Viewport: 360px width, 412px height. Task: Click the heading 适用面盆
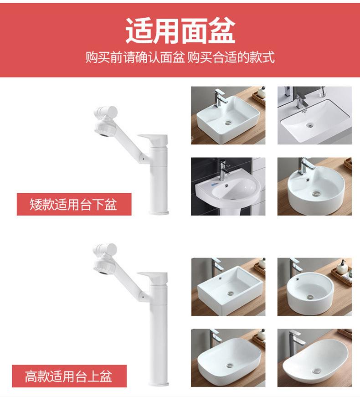180,31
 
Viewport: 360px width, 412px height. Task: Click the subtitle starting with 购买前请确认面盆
180,58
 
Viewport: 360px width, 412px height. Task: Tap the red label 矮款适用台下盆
74,204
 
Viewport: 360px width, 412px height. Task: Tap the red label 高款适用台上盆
69,376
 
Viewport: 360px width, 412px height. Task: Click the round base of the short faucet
159,211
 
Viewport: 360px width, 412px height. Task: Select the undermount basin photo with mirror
314,115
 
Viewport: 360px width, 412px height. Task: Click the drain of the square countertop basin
231,294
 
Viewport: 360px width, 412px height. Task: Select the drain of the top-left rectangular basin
228,122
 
